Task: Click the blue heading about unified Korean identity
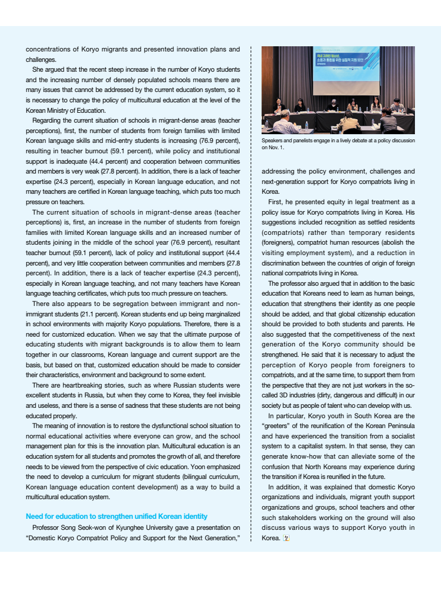[116, 516]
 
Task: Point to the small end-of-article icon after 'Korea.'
[286, 538]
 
